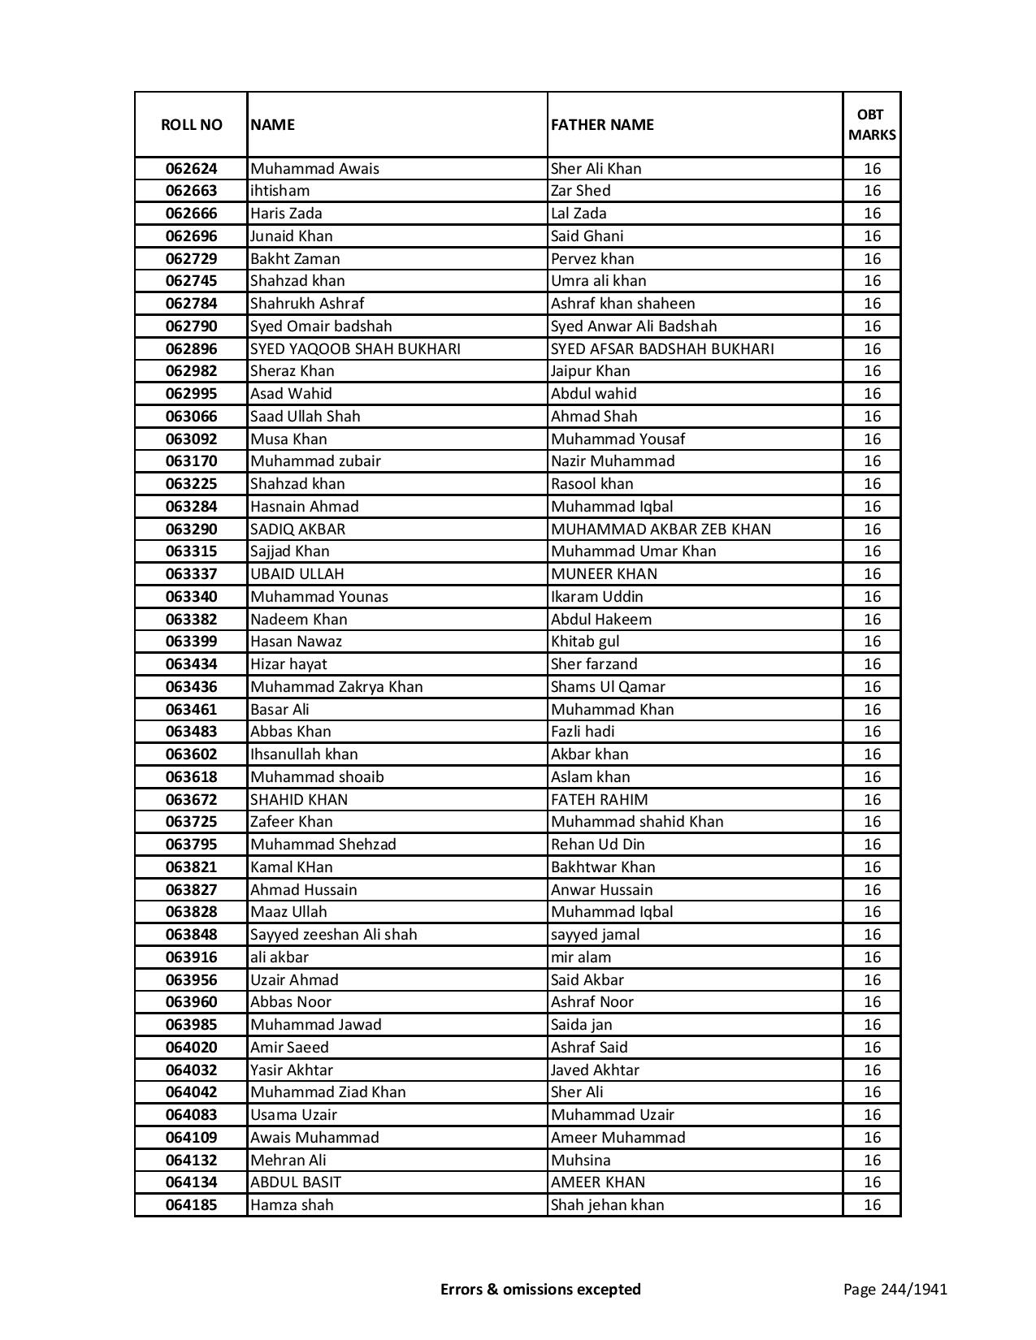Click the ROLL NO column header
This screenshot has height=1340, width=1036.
pos(191,125)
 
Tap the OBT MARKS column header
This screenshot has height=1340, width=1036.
pos(872,125)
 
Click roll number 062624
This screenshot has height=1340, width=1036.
pos(191,169)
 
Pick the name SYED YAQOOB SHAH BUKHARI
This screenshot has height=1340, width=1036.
pos(355,349)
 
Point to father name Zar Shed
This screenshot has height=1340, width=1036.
pos(580,191)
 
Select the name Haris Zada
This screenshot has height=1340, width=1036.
pos(286,214)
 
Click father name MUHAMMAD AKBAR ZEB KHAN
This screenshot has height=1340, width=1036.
pos(661,530)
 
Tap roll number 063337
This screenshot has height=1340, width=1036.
pos(191,574)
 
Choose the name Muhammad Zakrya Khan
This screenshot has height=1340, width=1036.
pos(336,687)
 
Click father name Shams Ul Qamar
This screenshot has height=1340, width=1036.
pos(608,687)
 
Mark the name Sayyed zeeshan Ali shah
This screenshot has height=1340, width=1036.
pos(333,935)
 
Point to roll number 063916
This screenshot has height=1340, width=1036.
pos(191,957)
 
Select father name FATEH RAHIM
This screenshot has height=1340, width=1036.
pos(599,800)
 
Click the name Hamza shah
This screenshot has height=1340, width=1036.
pos(292,1205)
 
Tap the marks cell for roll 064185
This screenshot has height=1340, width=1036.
pos(872,1205)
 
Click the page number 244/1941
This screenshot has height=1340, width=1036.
pos(913,1290)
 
